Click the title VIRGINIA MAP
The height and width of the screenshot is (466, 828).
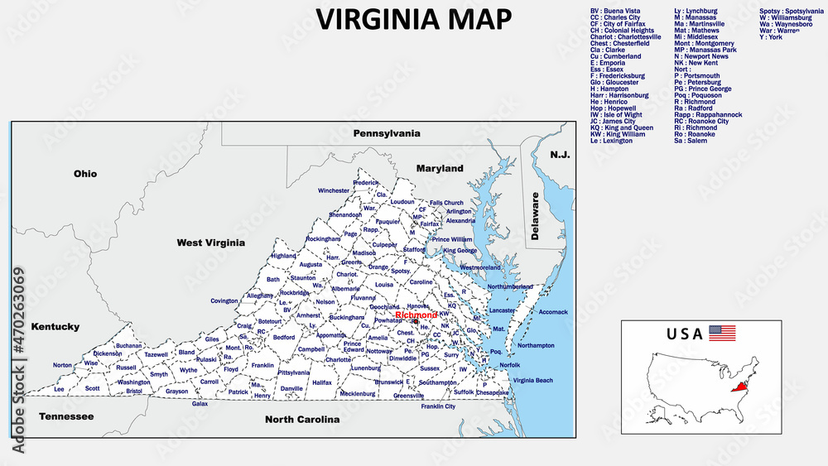[x=414, y=18]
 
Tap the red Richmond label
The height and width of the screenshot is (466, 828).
[x=416, y=315]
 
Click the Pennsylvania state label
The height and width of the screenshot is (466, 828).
[x=387, y=132]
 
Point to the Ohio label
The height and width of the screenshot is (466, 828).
[x=85, y=174]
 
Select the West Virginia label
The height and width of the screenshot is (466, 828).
[x=211, y=243]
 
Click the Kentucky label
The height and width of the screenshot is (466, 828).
[x=55, y=327]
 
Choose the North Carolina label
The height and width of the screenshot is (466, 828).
[x=302, y=420]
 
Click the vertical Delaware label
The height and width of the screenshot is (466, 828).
[x=535, y=216]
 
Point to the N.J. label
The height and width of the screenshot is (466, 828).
[x=561, y=155]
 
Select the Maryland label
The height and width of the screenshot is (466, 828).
[x=440, y=168]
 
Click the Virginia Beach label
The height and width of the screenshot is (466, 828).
[x=532, y=380]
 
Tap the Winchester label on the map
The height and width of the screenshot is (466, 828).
[x=334, y=190]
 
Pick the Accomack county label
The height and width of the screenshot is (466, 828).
[x=553, y=312]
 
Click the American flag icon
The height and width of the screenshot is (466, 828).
[x=722, y=334]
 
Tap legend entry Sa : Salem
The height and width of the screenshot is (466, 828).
[x=691, y=141]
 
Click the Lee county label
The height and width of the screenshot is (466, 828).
[x=59, y=388]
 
